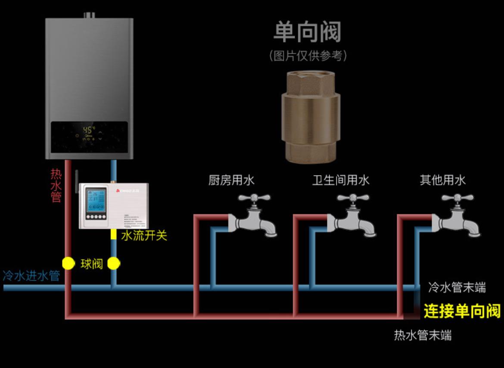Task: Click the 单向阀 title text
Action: click(307, 32)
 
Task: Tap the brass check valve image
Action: click(311, 117)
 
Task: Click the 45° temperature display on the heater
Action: click(89, 130)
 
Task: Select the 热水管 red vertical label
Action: click(56, 185)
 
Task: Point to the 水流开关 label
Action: click(144, 235)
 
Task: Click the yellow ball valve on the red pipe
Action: click(68, 263)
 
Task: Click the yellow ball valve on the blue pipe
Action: click(113, 263)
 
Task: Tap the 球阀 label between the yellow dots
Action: click(91, 264)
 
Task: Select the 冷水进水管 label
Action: click(31, 276)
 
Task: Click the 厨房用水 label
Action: click(231, 180)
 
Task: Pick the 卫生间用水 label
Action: click(341, 180)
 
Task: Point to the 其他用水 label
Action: click(442, 180)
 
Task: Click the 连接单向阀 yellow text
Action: click(462, 311)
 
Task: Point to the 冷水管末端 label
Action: click(457, 287)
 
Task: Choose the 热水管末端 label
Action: click(423, 335)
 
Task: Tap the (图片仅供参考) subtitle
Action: click(308, 56)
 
